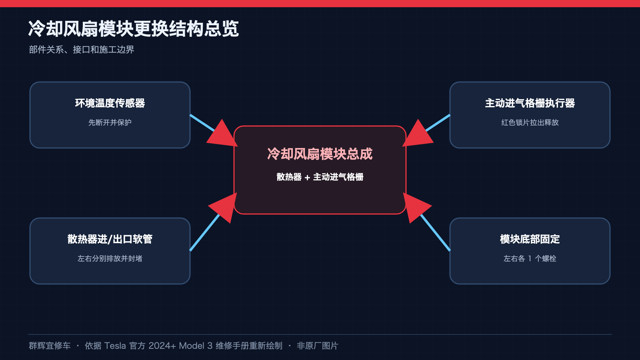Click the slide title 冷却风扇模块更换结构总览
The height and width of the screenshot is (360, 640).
click(x=134, y=28)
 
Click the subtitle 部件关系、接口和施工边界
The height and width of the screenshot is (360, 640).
click(x=82, y=50)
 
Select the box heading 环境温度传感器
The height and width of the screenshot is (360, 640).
click(x=110, y=103)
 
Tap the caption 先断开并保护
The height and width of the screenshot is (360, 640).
click(x=110, y=122)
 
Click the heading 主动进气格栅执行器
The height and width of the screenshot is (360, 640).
click(x=530, y=103)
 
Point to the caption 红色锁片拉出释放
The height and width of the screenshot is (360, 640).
click(x=530, y=122)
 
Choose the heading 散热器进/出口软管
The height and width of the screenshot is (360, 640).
click(x=110, y=239)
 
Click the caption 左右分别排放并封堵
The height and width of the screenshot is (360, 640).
click(x=110, y=258)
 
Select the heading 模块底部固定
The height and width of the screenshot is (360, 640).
click(x=530, y=239)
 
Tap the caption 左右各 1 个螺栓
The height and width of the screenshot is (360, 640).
click(x=530, y=258)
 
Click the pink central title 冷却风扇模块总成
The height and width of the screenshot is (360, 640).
click(x=320, y=154)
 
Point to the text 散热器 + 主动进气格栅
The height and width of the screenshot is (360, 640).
click(x=320, y=177)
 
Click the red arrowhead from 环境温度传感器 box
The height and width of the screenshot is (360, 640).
click(x=224, y=135)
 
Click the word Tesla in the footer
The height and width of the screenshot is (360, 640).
click(x=115, y=346)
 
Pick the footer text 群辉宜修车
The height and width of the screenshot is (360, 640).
click(x=50, y=346)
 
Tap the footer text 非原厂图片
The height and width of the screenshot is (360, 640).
click(x=318, y=346)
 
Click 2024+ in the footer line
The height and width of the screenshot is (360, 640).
click(x=162, y=346)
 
